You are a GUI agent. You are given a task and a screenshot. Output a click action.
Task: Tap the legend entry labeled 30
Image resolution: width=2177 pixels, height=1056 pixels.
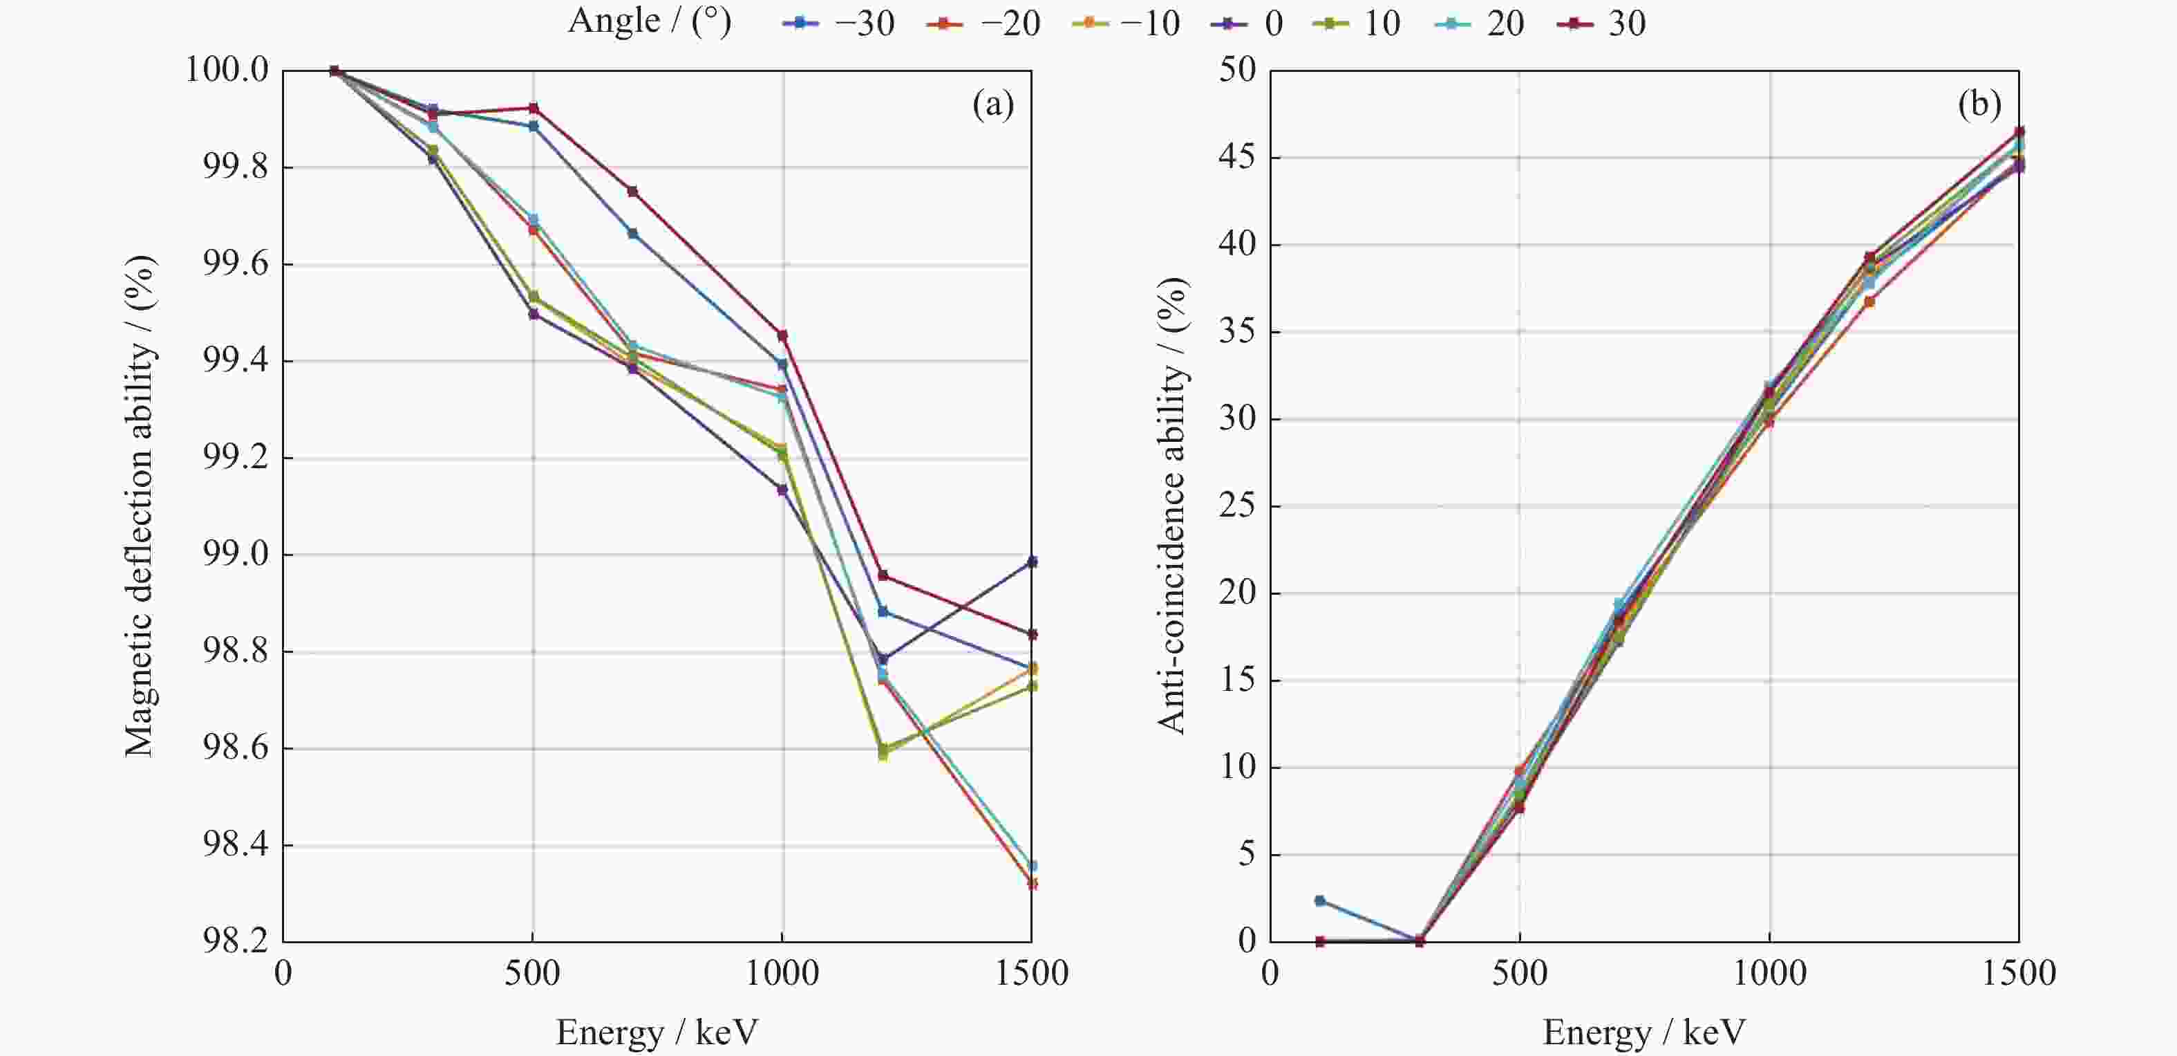(x=1601, y=23)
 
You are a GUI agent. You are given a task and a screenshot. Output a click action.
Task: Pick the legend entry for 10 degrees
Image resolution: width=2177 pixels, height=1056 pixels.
(x=1357, y=23)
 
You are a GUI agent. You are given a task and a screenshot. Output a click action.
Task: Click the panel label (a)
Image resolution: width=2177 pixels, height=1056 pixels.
(x=993, y=105)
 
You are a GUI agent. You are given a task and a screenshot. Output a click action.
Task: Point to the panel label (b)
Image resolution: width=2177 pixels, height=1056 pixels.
(x=1979, y=105)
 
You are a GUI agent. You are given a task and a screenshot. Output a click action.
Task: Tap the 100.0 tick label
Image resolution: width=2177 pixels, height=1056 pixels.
(x=227, y=70)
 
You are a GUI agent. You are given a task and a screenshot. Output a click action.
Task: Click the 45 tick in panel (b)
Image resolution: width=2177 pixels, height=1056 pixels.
(x=1237, y=157)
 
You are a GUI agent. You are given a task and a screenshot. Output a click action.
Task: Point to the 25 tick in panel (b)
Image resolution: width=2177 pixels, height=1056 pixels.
(x=1237, y=506)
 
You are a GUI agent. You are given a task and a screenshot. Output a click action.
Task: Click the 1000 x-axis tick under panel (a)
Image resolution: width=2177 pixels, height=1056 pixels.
(x=782, y=973)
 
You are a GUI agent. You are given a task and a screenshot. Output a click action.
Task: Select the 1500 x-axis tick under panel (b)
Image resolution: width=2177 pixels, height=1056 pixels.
(x=2019, y=973)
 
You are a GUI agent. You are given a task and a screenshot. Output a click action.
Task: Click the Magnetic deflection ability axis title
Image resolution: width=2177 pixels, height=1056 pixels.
(x=140, y=506)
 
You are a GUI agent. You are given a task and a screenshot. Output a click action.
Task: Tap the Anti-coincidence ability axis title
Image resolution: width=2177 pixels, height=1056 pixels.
(x=1171, y=506)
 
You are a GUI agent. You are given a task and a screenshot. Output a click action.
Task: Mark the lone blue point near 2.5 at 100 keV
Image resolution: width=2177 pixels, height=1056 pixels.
(x=1320, y=901)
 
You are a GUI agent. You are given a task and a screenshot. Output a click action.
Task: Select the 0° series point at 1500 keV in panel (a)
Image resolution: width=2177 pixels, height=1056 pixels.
(x=1032, y=562)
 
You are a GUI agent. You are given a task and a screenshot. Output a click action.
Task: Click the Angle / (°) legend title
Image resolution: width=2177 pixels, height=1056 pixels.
(x=649, y=21)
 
